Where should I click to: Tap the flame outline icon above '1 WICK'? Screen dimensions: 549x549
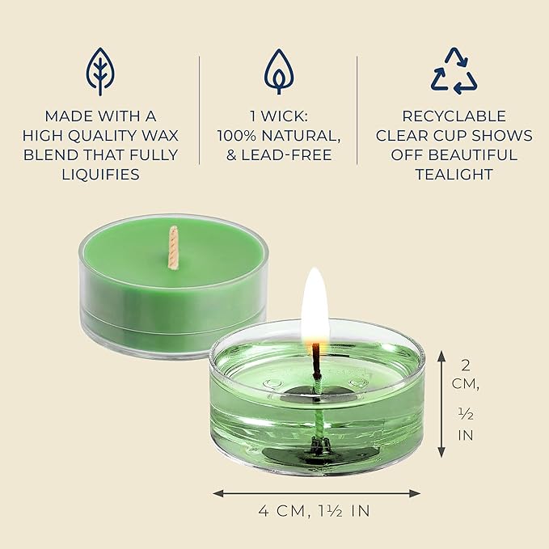coord(279,71)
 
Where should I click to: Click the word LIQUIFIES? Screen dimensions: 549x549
coord(101,174)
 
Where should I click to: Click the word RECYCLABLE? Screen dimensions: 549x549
coord(454,116)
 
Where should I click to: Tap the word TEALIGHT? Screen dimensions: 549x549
coord(454,174)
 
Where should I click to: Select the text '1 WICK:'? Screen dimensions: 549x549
coord(279,116)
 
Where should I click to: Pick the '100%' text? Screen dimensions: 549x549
coord(240,135)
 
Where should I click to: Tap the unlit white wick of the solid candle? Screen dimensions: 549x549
coord(172,246)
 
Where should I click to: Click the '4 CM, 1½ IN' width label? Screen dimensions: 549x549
coord(316,511)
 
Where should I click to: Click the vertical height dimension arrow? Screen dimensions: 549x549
coord(440,403)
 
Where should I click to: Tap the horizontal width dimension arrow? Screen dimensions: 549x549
coord(316,492)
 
